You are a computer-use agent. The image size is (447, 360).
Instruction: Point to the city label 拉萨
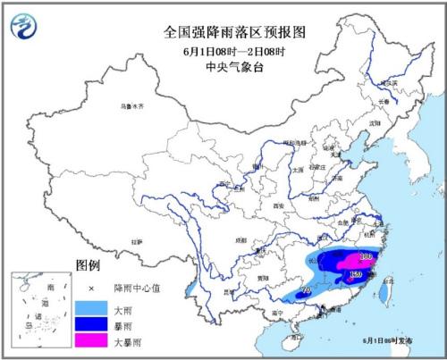coord(136,241)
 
